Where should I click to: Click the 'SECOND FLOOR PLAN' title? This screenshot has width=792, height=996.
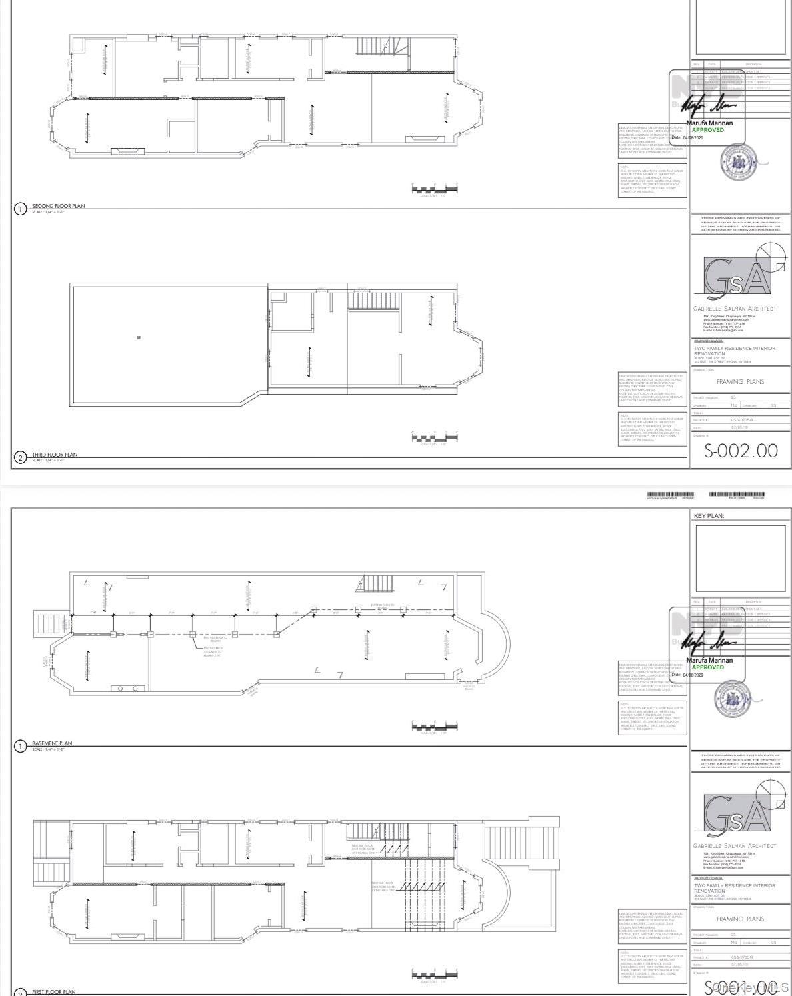[x=59, y=206]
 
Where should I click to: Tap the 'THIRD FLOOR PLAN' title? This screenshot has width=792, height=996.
[x=55, y=455]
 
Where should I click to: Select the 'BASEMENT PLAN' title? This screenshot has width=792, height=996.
[x=52, y=743]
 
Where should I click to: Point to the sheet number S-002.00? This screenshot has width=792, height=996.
[x=741, y=451]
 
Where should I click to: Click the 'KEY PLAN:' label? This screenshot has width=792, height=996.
[x=709, y=516]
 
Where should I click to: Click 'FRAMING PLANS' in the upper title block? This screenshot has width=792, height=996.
[x=740, y=382]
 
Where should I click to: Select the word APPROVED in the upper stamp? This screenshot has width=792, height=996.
[x=707, y=130]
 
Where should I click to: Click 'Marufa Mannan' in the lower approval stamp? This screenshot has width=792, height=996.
[x=709, y=661]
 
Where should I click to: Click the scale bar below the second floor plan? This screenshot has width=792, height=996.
[x=435, y=191]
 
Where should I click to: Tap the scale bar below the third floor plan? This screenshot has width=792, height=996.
[x=435, y=438]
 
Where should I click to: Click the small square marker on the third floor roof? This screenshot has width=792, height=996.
[x=139, y=337]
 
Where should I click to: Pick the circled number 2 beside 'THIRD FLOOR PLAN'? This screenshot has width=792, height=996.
[x=20, y=457]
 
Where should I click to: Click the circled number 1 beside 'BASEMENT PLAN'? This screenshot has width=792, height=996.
[x=20, y=746]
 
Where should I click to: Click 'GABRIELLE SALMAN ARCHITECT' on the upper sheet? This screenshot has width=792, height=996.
[x=735, y=309]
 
